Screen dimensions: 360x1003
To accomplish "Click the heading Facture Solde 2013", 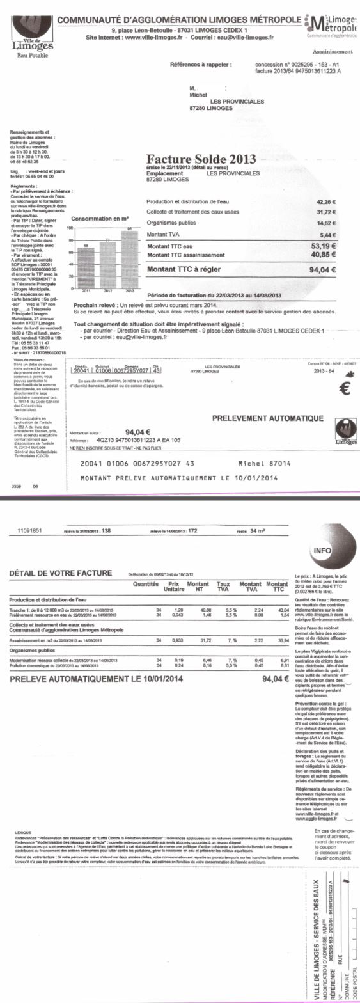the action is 201,159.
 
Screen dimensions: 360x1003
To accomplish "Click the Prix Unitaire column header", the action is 173,587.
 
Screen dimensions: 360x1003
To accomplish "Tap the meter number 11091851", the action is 29,530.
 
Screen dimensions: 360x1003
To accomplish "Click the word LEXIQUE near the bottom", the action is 23,832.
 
